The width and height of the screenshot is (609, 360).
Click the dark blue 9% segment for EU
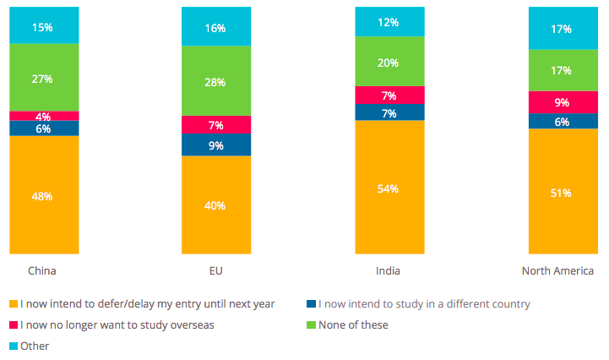coord(216,145)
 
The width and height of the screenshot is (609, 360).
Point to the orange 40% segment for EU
coord(216,205)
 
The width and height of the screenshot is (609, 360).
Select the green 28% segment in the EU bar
coord(216,80)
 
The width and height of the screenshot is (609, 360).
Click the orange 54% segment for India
coord(389,187)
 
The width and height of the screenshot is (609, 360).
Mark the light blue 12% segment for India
coord(389,21)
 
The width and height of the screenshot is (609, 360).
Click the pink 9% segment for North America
coord(563,102)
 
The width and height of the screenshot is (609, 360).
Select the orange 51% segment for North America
coord(563,192)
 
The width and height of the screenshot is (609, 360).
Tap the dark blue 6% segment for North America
coord(563,121)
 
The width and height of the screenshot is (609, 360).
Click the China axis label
coord(42,270)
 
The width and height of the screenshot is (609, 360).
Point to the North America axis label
coord(557,270)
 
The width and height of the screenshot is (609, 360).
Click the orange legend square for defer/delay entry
coord(13,304)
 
